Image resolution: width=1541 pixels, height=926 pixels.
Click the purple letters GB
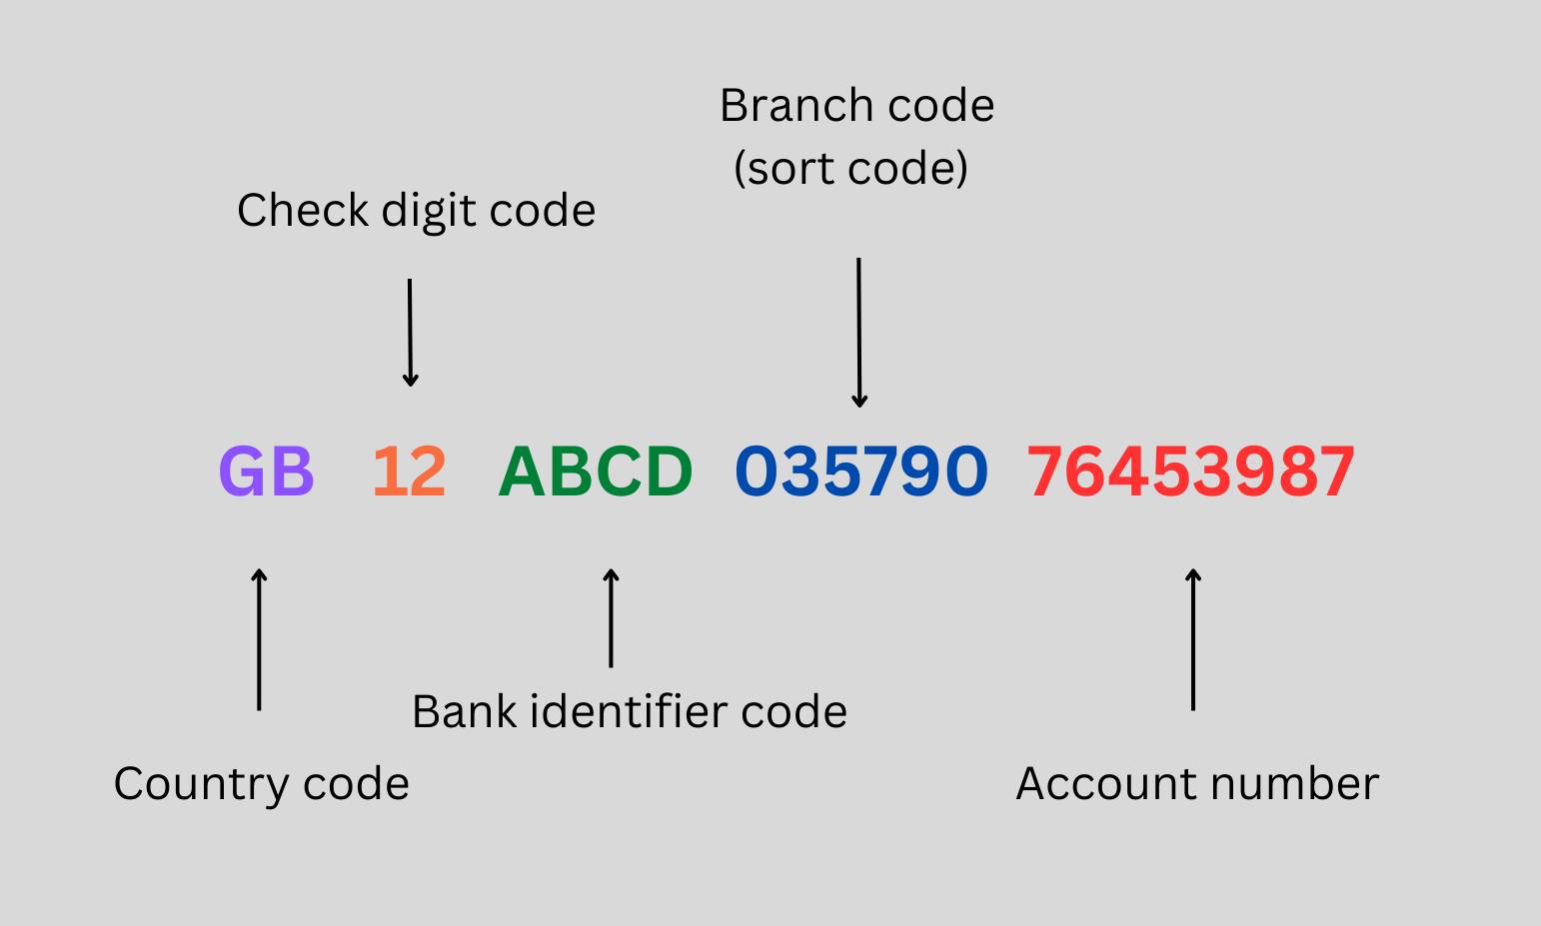click(x=266, y=471)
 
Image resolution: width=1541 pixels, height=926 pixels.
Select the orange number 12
click(x=409, y=471)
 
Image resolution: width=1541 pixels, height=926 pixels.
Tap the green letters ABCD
click(x=596, y=471)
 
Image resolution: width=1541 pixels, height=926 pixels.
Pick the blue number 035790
click(x=861, y=471)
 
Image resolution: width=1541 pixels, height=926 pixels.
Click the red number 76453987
click(x=1191, y=471)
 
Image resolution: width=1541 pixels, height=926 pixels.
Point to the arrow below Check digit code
click(x=410, y=333)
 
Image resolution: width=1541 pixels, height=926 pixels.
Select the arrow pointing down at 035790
click(x=858, y=333)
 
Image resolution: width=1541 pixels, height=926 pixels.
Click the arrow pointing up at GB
click(x=259, y=639)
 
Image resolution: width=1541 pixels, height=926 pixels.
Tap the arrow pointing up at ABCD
click(x=611, y=617)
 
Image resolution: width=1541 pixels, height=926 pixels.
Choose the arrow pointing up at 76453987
click(x=1193, y=639)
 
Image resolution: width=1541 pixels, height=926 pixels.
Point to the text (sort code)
click(x=850, y=168)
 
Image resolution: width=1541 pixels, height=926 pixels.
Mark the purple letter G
click(x=242, y=471)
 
